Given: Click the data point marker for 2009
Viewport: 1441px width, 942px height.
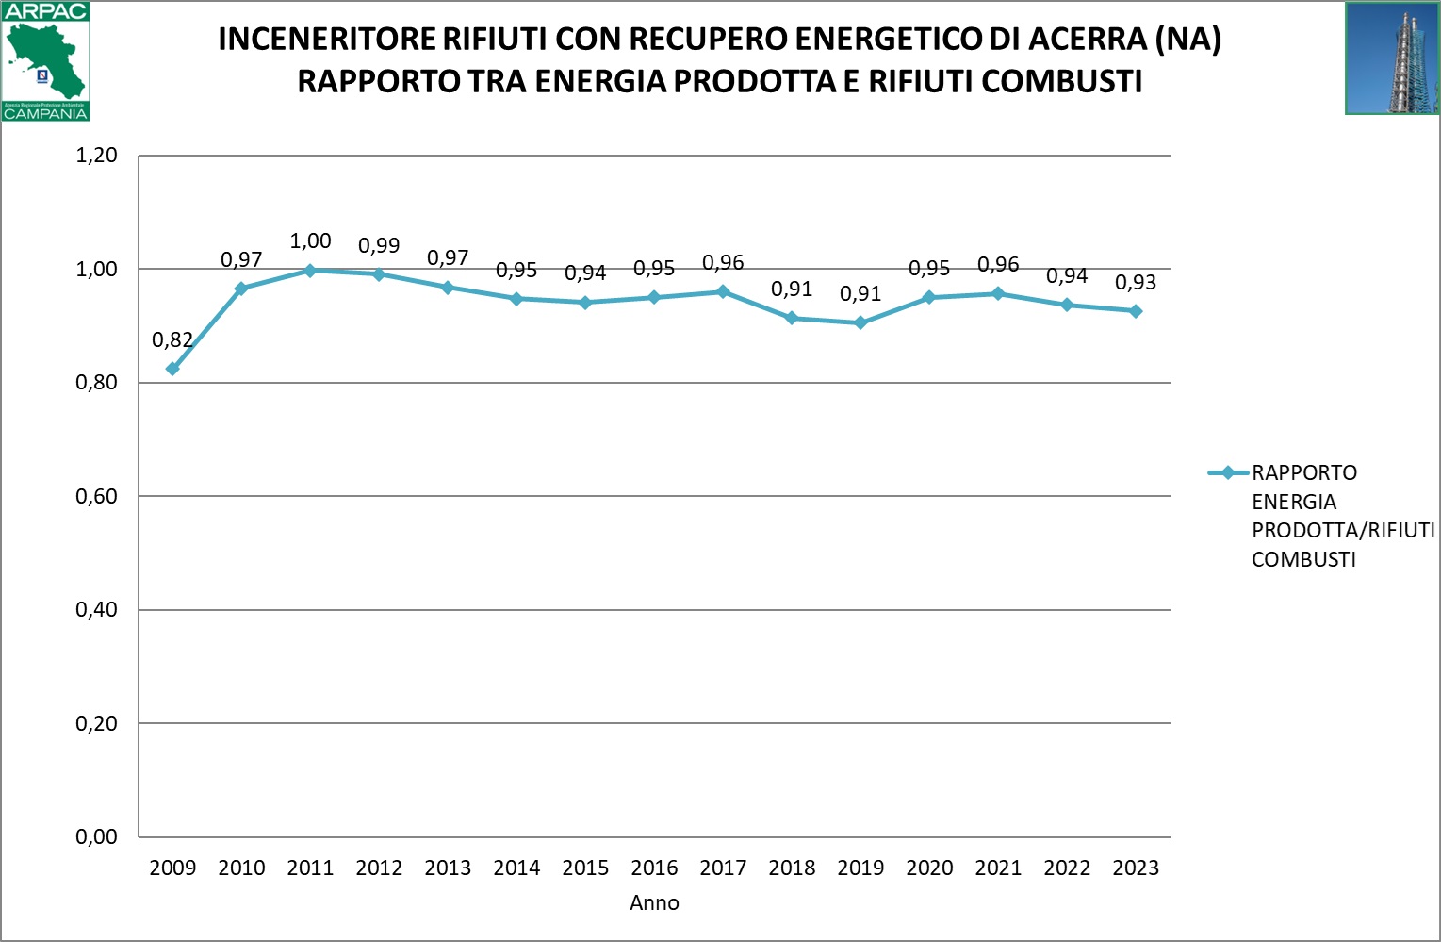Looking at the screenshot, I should [172, 369].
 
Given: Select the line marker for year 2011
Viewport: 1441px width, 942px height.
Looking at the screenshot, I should [310, 271].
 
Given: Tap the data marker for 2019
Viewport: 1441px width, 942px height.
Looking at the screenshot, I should [860, 322].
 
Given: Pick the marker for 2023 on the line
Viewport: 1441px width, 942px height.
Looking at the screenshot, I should [1136, 311].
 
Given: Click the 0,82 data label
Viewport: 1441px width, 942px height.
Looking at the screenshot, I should [172, 339].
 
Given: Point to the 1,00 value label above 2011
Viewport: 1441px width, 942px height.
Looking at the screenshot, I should [310, 241].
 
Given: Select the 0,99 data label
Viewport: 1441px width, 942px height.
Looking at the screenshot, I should [379, 246].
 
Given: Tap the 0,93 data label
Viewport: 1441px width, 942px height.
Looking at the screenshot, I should [1136, 283].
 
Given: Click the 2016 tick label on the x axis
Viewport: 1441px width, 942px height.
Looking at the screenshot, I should [654, 868].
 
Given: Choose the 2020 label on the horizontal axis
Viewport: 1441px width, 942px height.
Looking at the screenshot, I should [929, 868].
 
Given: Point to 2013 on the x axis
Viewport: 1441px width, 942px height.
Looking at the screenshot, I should [448, 868].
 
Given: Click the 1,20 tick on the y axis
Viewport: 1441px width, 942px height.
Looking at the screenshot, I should [96, 156].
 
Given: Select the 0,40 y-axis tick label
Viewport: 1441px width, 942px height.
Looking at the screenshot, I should [96, 610].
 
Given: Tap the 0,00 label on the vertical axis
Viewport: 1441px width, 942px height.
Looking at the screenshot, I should [96, 837].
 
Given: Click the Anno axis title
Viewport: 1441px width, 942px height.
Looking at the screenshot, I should [654, 903].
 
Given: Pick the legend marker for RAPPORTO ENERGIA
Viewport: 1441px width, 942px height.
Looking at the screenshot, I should [1228, 473].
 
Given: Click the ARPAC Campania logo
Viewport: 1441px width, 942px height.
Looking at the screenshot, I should [45, 61].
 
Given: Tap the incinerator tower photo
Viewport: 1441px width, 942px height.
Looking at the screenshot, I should [1392, 58].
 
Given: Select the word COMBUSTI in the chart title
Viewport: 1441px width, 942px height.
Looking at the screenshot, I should [1061, 82].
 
